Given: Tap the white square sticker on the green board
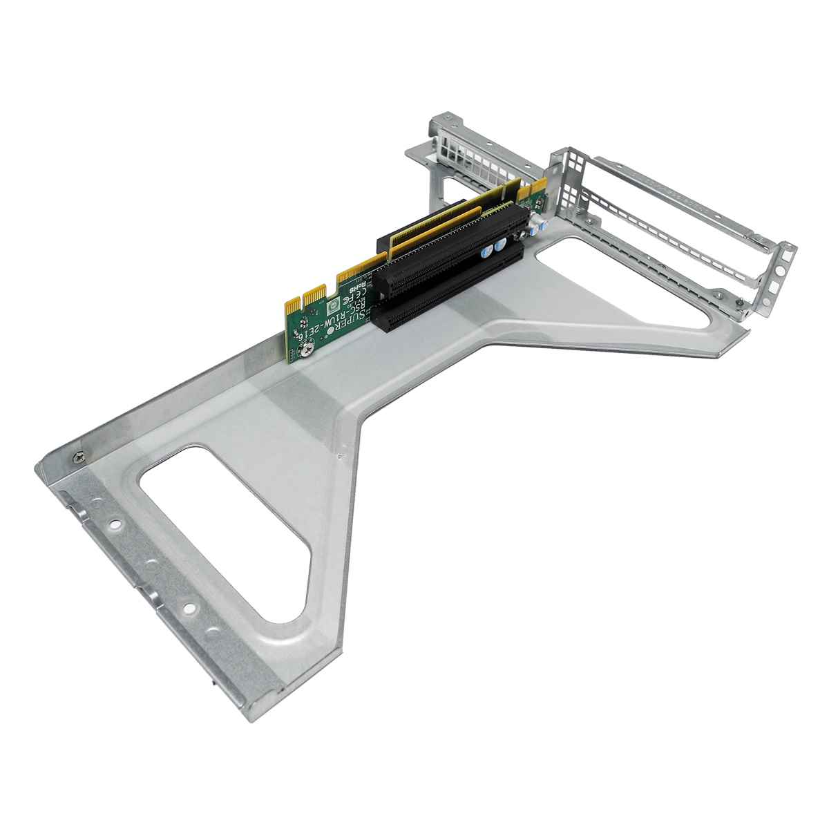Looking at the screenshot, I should pyautogui.click(x=332, y=301).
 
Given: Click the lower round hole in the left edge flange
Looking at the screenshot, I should pyautogui.click(x=187, y=609).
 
